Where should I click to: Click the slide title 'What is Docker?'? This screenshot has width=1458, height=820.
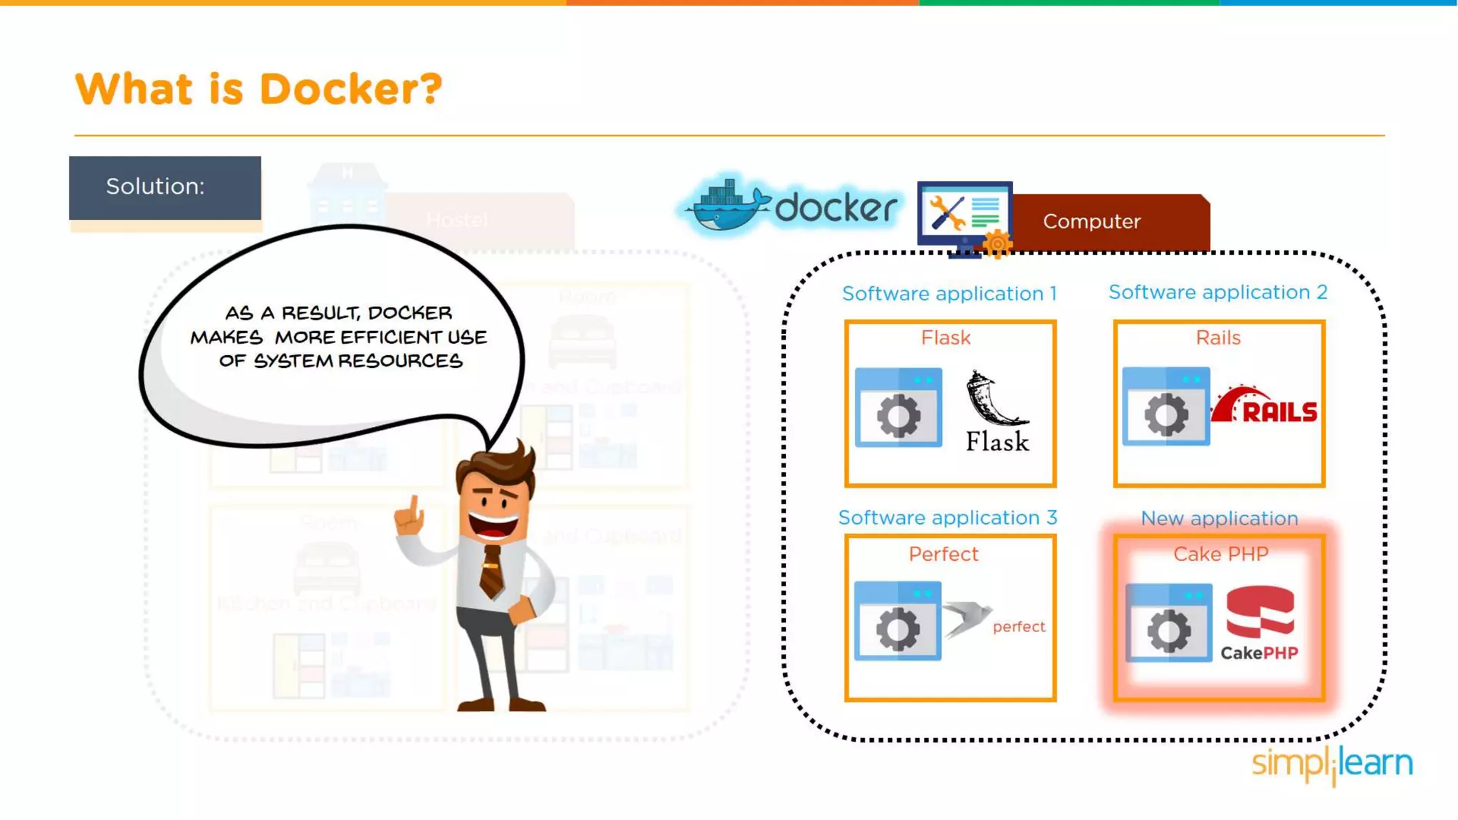(x=258, y=90)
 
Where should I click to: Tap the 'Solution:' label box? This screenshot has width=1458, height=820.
(x=164, y=187)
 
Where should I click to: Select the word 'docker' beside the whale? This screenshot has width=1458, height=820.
(x=835, y=209)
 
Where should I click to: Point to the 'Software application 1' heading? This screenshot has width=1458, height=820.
(x=949, y=293)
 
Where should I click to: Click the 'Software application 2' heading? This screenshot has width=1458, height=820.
(x=1217, y=292)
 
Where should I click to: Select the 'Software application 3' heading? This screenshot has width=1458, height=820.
(x=947, y=517)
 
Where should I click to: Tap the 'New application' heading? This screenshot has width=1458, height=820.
(x=1219, y=518)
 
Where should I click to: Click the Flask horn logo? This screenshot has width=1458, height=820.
(x=993, y=399)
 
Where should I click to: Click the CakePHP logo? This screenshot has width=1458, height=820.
(x=1259, y=623)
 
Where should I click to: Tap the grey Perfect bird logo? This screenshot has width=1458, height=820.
(x=967, y=618)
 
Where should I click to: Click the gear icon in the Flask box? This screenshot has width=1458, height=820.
(x=898, y=414)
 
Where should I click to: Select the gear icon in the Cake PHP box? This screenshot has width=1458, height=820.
(x=1169, y=630)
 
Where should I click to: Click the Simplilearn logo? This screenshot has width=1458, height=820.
(x=1332, y=764)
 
